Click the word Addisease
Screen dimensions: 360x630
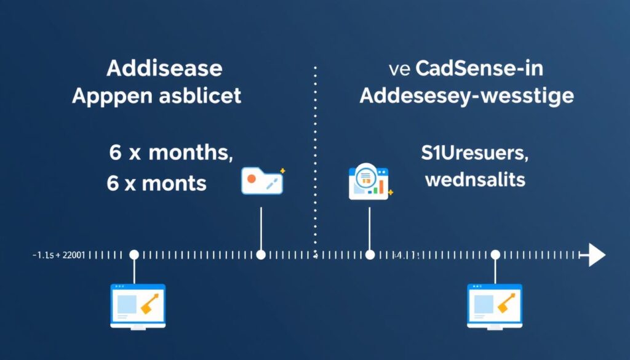(x=165, y=68)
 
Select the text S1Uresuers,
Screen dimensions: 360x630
(x=474, y=154)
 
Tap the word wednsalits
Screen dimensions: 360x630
(x=474, y=180)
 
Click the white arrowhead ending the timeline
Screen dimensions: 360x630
(x=596, y=255)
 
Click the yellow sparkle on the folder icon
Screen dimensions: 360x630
(x=282, y=170)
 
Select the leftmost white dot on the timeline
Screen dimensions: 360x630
(x=134, y=255)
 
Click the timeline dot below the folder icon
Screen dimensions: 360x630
(x=261, y=255)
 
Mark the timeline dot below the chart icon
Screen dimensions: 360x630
(x=369, y=255)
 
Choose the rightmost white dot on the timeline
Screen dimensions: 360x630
(x=495, y=255)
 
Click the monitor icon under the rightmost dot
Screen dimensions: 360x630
(x=494, y=306)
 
